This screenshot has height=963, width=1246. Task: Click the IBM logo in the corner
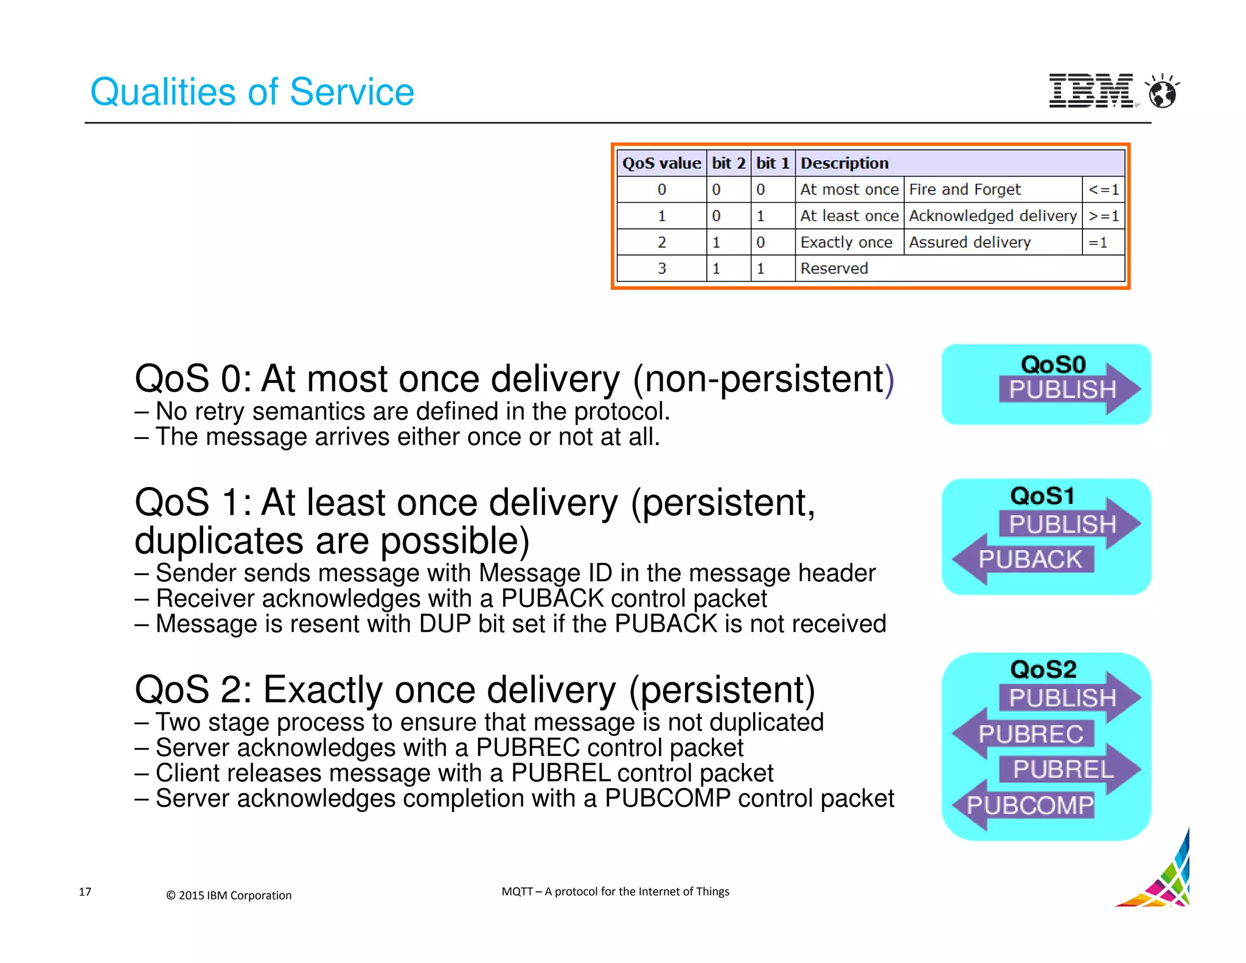[1091, 91]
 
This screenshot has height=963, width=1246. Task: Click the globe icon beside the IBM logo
[1162, 93]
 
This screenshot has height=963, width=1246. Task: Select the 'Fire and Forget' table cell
[992, 189]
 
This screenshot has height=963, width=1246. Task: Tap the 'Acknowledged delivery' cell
[992, 215]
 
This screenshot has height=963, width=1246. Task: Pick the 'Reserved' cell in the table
[834, 268]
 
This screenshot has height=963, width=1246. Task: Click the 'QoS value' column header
[661, 163]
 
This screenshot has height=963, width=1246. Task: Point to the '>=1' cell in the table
[1103, 215]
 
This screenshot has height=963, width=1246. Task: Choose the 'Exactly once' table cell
[846, 242]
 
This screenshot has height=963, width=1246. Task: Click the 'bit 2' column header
[728, 163]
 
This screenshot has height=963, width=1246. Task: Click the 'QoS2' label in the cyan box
[1043, 670]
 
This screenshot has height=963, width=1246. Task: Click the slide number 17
[85, 892]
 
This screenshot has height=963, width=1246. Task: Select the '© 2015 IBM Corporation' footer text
[229, 895]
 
